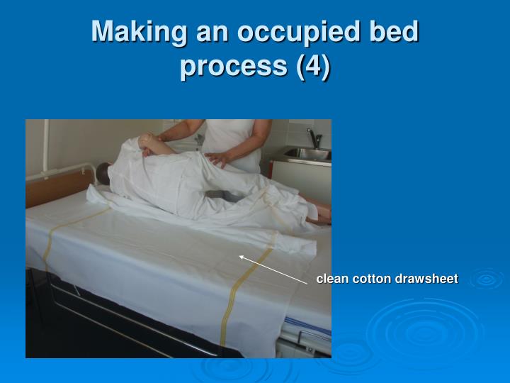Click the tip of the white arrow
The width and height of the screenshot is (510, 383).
coord(239,256)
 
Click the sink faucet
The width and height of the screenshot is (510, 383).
coord(311,137)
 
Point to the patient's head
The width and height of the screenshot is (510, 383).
coord(105,173)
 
